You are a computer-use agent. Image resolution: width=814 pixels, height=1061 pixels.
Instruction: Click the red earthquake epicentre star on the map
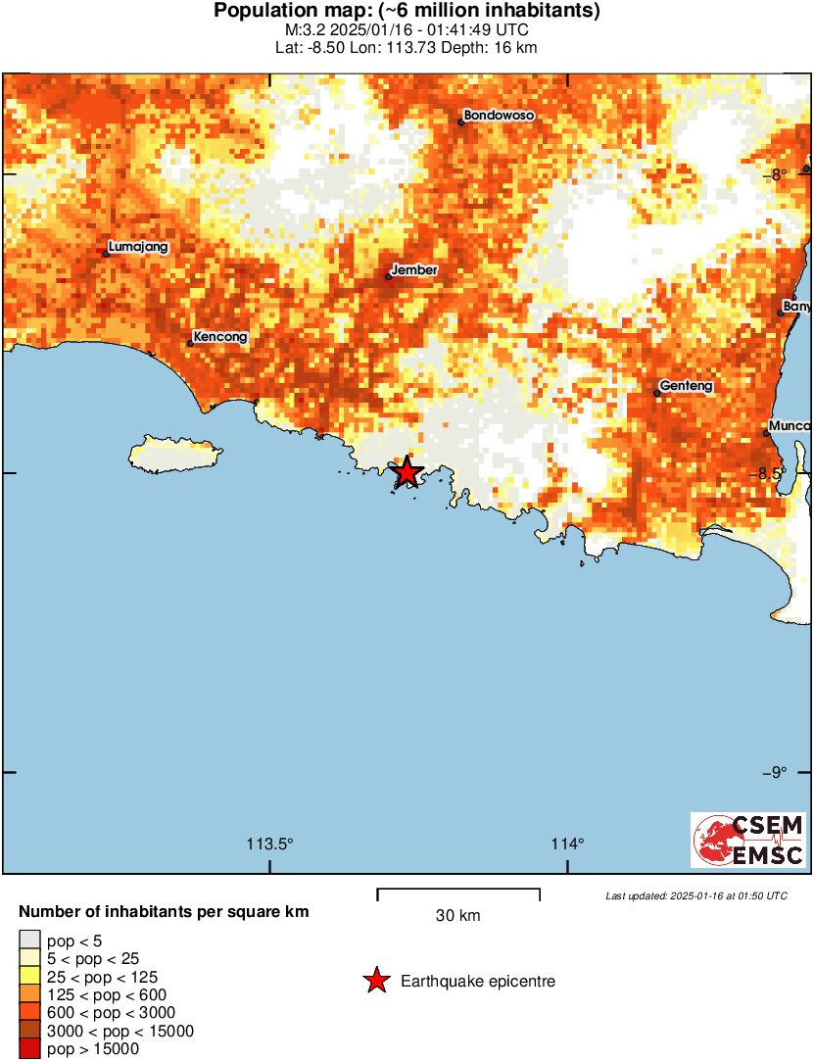point(407,472)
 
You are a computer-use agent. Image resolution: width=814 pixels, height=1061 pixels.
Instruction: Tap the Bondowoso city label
point(499,116)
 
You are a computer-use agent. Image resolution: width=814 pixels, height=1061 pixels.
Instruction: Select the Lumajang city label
point(138,248)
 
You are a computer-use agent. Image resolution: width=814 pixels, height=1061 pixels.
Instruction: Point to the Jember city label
point(414,269)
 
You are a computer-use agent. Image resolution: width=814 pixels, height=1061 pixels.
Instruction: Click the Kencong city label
point(220,337)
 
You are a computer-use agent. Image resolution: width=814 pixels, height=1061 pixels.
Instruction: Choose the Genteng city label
point(686,386)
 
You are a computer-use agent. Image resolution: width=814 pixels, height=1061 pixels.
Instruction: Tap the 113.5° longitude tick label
point(269,844)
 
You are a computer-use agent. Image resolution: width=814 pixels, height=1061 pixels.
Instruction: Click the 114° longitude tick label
point(568,844)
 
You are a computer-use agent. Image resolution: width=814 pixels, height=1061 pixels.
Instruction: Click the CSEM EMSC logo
point(748,840)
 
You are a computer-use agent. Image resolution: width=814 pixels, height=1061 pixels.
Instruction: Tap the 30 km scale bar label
point(457,916)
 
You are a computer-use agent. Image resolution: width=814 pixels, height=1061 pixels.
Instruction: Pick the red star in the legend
point(376,981)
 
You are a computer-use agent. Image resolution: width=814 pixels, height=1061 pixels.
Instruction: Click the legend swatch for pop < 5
point(30,941)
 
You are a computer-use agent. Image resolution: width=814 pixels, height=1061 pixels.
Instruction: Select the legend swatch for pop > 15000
point(30,1049)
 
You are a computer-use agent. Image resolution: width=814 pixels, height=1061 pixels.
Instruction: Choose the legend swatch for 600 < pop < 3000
point(30,1013)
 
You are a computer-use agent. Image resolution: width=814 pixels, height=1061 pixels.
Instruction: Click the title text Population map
point(407,11)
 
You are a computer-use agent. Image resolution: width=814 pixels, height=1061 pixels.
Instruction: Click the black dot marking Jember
point(389,277)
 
